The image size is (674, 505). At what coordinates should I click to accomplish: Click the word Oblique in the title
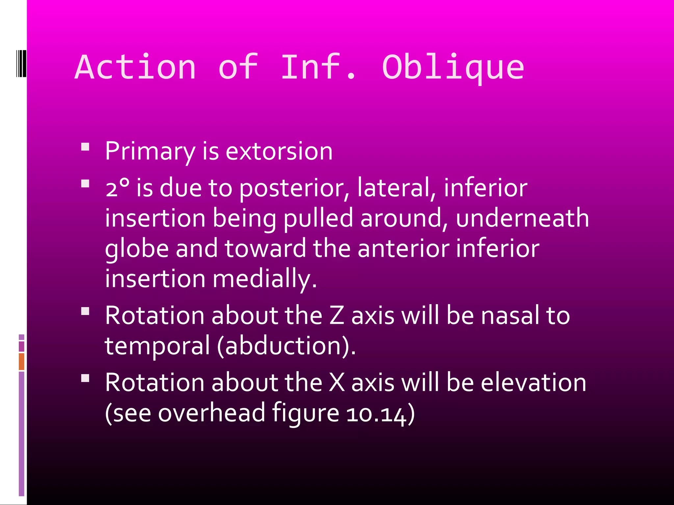point(453,67)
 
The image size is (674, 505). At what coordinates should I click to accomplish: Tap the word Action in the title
point(135,67)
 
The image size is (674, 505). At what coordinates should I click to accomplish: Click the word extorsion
point(279,152)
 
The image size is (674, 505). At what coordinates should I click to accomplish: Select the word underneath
point(522,218)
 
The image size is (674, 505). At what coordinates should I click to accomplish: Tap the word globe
point(137,249)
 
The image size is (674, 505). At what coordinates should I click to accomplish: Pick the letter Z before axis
point(336,316)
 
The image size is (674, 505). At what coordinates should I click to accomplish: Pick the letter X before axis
point(337,383)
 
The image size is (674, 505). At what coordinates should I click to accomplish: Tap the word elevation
point(533,383)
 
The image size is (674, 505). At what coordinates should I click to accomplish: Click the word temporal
point(157,346)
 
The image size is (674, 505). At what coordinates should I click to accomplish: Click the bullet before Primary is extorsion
point(85,147)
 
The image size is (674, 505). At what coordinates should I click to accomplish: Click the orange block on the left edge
point(21,361)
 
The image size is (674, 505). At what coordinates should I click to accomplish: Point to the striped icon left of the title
point(21,63)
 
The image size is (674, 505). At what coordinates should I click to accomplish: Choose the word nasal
point(509,316)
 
